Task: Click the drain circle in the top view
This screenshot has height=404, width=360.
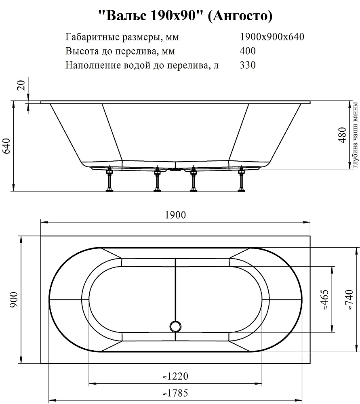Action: pos(176,326)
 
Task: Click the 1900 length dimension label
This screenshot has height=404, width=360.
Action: pos(175,215)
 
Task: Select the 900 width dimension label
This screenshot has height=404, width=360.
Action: pos(14,300)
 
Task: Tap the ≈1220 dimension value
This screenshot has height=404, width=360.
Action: pos(175,377)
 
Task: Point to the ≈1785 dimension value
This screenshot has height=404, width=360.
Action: pos(175,393)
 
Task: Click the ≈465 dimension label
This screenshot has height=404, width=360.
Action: pos(325,300)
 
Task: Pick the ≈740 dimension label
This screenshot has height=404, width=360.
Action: pos(349,300)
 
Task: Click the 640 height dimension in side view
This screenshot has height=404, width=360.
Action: pos(6,146)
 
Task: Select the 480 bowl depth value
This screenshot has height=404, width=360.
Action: pos(343,135)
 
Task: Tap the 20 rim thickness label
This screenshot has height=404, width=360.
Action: pos(22,85)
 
